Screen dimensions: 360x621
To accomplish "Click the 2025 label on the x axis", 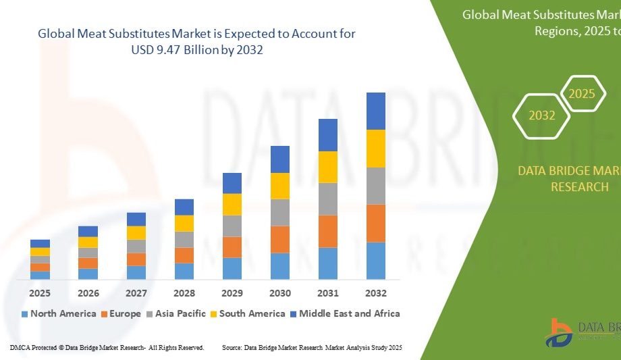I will point(40,293).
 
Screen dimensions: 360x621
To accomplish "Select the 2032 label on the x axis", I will point(375,293).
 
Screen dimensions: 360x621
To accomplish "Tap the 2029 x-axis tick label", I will point(232,293).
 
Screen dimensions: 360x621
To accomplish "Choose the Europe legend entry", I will point(121,313).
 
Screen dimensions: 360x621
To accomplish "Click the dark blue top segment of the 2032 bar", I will point(375,111).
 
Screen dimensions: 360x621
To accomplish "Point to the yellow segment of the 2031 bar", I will point(327,167).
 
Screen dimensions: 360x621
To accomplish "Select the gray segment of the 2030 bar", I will point(279,212).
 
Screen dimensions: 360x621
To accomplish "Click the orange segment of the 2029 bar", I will point(232,247).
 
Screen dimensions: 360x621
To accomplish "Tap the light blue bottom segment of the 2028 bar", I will point(184,271).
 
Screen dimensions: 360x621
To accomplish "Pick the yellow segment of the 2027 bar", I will point(136,232).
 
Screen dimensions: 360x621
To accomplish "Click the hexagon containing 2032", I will point(542,115).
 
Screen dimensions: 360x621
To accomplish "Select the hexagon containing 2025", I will point(582,94).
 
